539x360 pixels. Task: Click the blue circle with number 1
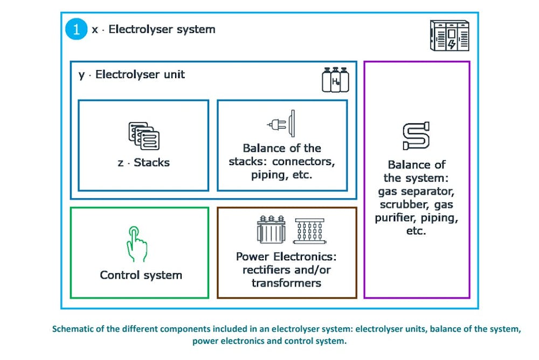[x=76, y=29]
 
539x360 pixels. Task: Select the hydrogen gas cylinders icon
[x=335, y=80]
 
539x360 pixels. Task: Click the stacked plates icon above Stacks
[x=144, y=135]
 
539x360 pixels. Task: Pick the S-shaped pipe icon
[x=416, y=135]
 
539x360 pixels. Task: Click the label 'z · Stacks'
[x=143, y=162]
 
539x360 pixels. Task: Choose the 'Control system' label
[x=141, y=275]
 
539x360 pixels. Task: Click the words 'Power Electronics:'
[x=286, y=257]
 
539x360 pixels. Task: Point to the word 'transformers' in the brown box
[x=286, y=283]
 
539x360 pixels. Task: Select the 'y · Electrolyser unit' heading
[x=132, y=75]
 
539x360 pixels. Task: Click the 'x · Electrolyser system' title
[x=154, y=29]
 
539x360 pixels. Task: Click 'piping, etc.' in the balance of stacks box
[x=281, y=176]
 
